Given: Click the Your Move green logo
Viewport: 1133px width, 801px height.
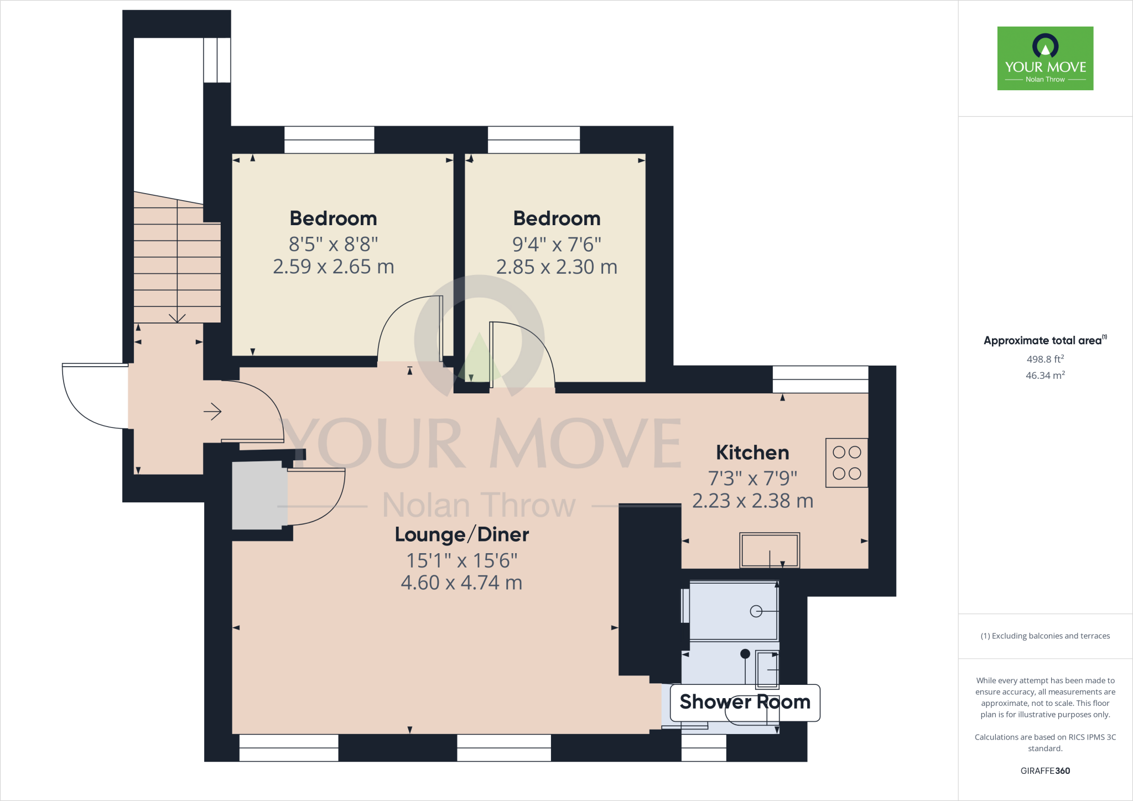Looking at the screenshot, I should [1045, 58].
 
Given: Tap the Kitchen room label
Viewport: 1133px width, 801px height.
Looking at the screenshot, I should [752, 452].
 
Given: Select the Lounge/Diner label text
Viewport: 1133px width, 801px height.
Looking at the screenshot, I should [462, 534].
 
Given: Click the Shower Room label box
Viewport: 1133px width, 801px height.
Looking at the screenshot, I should [745, 702].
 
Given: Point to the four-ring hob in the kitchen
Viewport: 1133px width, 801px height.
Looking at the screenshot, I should [846, 463].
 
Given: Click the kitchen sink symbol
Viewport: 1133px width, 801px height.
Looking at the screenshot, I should [770, 550].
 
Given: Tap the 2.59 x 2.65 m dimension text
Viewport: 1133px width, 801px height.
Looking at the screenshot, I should [333, 267].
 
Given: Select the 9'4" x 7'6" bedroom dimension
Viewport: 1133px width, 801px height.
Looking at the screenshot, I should [557, 244].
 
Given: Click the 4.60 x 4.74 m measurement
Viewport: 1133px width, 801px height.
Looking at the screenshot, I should [461, 582].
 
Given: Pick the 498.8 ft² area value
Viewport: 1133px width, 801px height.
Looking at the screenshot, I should [1045, 359].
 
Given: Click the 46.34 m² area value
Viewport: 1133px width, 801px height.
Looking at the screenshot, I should [1045, 376].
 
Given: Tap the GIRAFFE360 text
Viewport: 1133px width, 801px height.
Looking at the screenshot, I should [1045, 771].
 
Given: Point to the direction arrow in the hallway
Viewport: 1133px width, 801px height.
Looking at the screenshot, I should [213, 412].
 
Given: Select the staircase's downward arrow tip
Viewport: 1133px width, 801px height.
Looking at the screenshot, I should [177, 320].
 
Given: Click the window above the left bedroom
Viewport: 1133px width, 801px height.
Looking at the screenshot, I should [329, 139].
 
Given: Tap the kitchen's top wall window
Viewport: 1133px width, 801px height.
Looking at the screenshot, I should [820, 379].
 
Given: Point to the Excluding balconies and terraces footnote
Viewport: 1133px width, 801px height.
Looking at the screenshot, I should [1045, 636].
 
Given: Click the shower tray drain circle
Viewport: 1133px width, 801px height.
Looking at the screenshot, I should [756, 611].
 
